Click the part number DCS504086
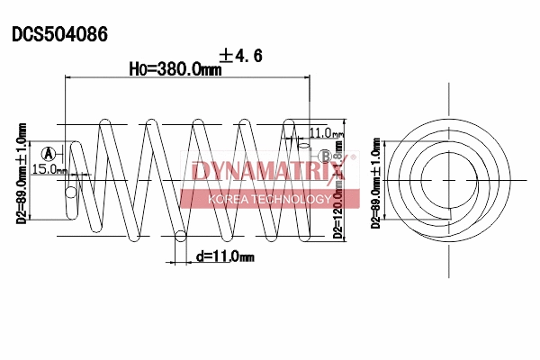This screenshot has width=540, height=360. point(60,35)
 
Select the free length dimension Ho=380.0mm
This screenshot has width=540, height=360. point(175,69)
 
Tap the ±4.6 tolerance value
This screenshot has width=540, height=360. point(241,56)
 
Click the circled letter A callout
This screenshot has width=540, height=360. point(48,153)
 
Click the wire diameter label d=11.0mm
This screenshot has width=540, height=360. point(225,257)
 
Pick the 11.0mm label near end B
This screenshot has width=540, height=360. point(326,133)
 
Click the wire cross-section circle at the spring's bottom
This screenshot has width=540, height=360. point(180,238)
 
